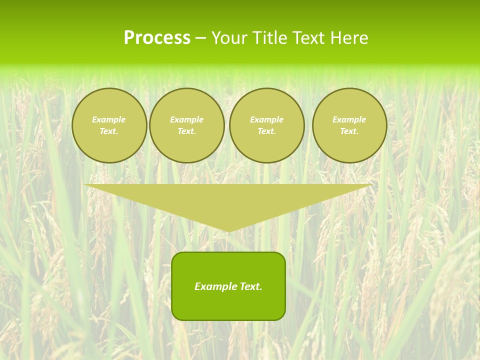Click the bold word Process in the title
tap(157, 38)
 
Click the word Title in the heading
tap(270, 38)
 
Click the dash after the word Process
tap(200, 38)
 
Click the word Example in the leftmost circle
tap(109, 119)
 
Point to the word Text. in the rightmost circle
tap(349, 131)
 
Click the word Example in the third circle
tap(267, 119)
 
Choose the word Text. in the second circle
tap(187, 131)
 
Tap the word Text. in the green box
tap(251, 286)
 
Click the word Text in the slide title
tap(308, 38)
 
